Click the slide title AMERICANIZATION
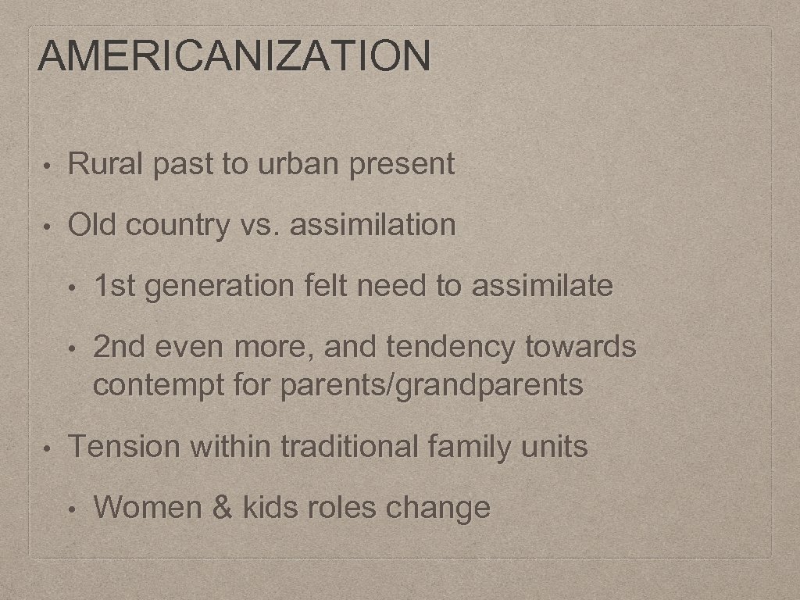pyautogui.click(x=234, y=56)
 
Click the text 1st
pyautogui.click(x=115, y=286)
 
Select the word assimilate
pyautogui.click(x=542, y=286)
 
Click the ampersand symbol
pyautogui.click(x=223, y=508)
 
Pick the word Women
pyautogui.click(x=148, y=508)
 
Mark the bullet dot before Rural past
pyautogui.click(x=48, y=166)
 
